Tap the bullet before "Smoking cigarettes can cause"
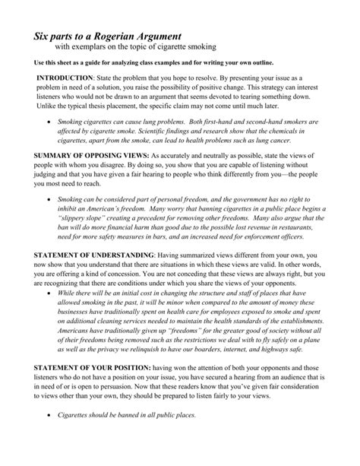pos(49,121)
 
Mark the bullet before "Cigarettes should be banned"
pos(49,416)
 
